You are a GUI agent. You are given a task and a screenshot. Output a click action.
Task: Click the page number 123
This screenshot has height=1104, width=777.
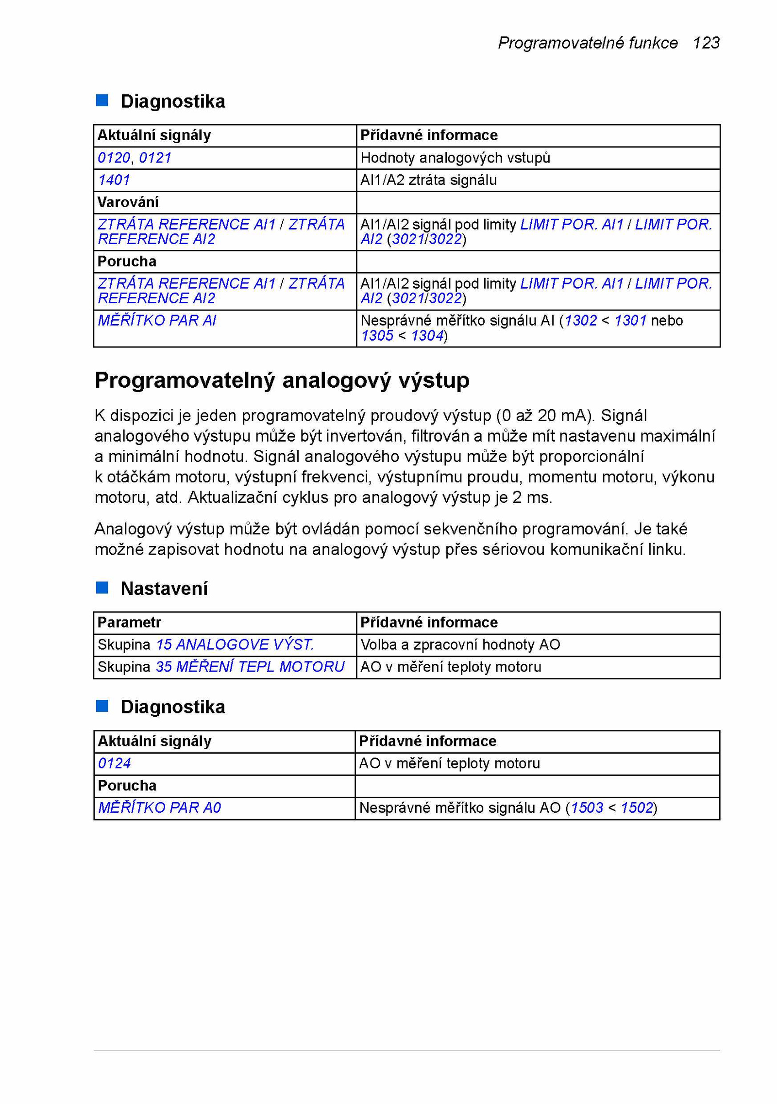click(706, 43)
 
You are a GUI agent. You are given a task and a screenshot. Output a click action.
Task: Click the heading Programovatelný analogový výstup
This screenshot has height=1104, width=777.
click(282, 380)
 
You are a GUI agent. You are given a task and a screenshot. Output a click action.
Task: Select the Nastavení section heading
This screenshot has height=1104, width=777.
click(164, 589)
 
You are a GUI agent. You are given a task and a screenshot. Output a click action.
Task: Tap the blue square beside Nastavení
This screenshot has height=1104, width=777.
click(102, 588)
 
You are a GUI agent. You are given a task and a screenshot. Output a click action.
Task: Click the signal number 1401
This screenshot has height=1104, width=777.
click(114, 180)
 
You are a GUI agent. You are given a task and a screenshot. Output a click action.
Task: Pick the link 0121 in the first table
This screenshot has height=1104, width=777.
click(155, 158)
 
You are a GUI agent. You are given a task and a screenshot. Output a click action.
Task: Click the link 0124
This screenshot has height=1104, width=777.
click(115, 763)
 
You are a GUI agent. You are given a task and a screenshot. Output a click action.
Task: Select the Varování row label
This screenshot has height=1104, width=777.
click(128, 202)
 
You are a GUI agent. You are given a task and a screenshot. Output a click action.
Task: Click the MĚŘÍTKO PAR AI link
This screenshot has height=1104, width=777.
click(157, 320)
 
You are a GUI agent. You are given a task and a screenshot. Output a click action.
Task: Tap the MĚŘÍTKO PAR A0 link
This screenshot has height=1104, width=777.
click(159, 807)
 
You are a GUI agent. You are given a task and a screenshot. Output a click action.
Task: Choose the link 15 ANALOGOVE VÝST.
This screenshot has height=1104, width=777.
click(235, 644)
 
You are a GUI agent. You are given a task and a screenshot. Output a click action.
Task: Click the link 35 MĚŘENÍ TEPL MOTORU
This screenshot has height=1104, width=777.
click(250, 667)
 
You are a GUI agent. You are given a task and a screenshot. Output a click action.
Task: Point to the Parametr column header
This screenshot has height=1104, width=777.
click(129, 622)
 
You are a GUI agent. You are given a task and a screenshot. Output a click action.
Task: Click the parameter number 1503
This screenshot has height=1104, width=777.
click(587, 807)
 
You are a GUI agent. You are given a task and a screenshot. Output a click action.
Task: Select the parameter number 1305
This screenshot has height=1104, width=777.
click(377, 335)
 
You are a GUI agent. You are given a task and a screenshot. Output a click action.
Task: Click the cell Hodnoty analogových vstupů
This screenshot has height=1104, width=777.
click(455, 158)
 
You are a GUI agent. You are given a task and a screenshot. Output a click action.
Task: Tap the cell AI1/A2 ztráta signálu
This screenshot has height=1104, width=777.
click(428, 180)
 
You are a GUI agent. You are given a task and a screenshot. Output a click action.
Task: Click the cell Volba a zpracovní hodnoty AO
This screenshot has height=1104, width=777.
click(460, 644)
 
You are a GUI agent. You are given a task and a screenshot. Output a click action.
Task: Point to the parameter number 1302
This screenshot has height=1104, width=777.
click(581, 320)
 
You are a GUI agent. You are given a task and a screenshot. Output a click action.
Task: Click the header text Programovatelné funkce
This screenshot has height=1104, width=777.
click(588, 43)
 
